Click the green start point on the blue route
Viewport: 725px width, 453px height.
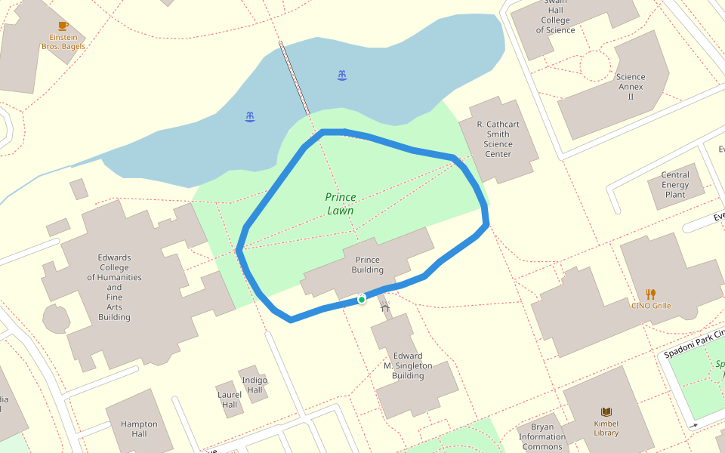point(362,300)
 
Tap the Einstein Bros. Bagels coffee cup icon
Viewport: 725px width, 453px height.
point(63,26)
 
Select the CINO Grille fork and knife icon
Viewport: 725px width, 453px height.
point(650,294)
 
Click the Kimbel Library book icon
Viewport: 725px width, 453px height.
point(606,411)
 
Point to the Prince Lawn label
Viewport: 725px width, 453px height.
point(340,204)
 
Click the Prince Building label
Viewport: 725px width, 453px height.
point(368,265)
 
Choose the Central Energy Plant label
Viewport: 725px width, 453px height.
point(675,185)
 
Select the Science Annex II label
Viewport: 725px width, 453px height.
point(631,87)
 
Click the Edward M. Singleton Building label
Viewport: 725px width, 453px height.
point(408,365)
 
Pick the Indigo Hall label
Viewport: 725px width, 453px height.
point(255,384)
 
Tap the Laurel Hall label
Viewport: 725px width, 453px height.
point(230,399)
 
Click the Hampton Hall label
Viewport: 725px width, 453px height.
point(139,429)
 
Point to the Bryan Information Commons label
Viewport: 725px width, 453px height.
point(542,436)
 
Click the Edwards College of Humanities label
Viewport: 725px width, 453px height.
point(114,288)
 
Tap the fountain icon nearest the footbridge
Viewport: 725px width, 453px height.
point(342,75)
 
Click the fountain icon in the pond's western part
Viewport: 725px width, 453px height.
point(249,116)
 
